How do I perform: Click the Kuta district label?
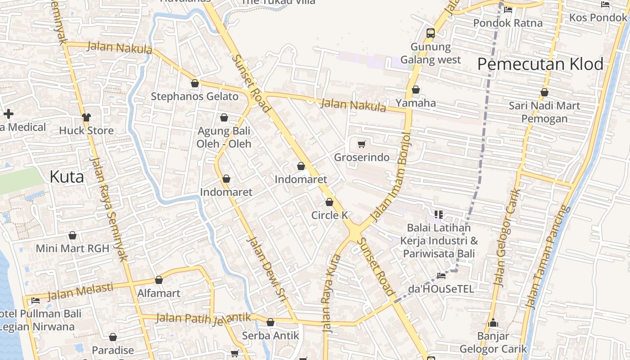[x=67, y=177]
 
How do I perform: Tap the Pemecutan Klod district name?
[x=540, y=64]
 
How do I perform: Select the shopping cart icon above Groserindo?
[x=361, y=144]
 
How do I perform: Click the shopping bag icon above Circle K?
[x=329, y=202]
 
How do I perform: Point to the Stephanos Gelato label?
[x=194, y=96]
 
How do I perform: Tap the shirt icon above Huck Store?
[x=86, y=117]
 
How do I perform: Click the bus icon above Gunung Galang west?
[x=431, y=33]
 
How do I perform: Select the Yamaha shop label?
[x=416, y=103]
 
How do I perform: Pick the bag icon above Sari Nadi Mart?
[x=544, y=93]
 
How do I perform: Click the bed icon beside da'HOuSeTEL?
[x=441, y=275]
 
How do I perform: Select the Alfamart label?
[x=158, y=293]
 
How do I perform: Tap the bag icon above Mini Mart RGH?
[x=72, y=236]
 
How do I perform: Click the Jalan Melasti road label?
[x=80, y=291]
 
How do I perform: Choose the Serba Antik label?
[x=270, y=336]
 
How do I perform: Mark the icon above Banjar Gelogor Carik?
[x=493, y=323]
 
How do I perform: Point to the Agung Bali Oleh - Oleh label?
[x=224, y=138]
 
